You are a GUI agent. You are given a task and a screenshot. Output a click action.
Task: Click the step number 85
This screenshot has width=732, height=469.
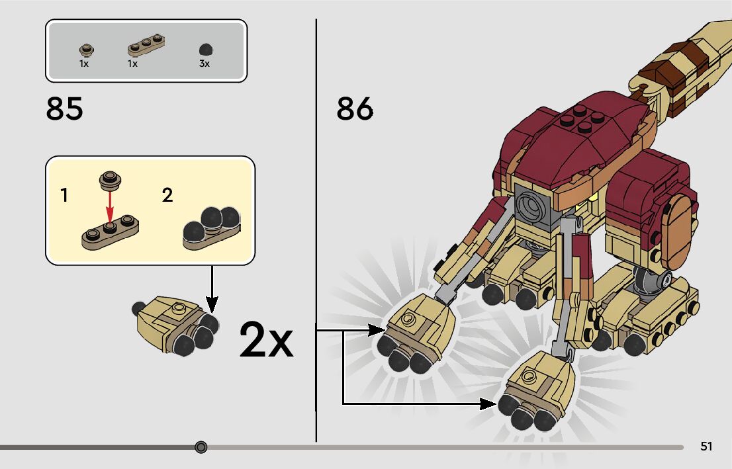[x=65, y=109]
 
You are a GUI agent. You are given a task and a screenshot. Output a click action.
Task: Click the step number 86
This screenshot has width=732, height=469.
[x=355, y=109]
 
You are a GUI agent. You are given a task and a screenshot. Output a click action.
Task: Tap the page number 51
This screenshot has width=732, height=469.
[x=706, y=447]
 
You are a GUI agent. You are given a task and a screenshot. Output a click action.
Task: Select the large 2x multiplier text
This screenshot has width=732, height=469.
[x=266, y=340]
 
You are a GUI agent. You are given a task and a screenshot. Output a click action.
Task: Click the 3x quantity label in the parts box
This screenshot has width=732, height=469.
[x=205, y=64]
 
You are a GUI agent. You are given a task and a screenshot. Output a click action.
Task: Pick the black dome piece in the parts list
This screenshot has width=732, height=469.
[x=205, y=50]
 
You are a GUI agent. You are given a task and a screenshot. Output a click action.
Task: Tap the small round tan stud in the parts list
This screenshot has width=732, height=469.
[x=84, y=48]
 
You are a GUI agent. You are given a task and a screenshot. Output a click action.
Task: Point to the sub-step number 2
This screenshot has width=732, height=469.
[x=167, y=195]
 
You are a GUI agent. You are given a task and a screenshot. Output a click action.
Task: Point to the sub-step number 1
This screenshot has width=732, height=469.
[x=64, y=195]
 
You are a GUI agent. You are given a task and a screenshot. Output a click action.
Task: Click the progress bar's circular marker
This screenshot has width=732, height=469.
[x=201, y=447]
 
